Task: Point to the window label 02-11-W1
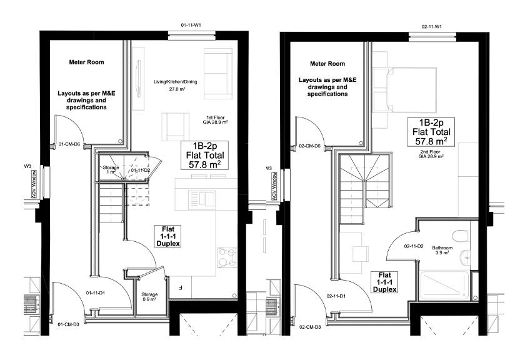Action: click(431, 26)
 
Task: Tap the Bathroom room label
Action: click(443, 250)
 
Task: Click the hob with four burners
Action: click(226, 256)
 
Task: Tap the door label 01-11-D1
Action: click(97, 292)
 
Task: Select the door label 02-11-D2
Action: click(414, 246)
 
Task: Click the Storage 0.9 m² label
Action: click(149, 297)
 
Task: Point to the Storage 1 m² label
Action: click(111, 170)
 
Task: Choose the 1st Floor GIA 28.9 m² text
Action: click(217, 120)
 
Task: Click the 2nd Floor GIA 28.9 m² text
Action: click(431, 154)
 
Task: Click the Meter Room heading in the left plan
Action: click(86, 62)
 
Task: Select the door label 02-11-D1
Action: click(337, 296)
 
